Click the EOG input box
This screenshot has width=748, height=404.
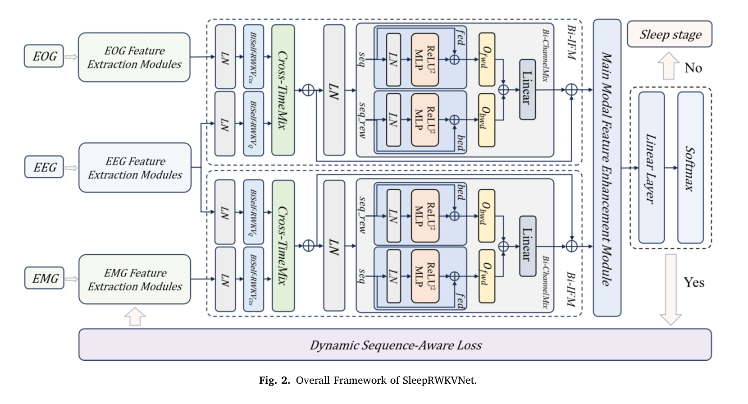pos(44,56)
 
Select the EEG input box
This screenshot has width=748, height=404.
pos(44,167)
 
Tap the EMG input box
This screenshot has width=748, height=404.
pos(44,278)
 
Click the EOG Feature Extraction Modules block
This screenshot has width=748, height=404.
pos(134,57)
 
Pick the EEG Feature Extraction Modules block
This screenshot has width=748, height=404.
pos(135,168)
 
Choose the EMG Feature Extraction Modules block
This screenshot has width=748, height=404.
pos(135,280)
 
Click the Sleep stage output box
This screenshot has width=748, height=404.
pos(670,34)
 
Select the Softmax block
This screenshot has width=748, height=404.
pos(690,168)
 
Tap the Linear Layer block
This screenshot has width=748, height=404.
pos(651,168)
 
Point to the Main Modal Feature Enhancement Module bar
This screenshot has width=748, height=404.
pos(607,168)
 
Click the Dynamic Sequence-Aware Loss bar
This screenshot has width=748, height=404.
pos(395,345)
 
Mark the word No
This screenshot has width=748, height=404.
pos(693,68)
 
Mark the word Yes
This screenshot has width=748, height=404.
pos(693,283)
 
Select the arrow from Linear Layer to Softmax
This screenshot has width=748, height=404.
pos(671,168)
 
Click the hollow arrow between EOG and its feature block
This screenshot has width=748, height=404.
pos(71,57)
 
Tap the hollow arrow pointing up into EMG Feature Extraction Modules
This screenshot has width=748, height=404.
pos(135,316)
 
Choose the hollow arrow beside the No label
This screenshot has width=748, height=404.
pos(669,66)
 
